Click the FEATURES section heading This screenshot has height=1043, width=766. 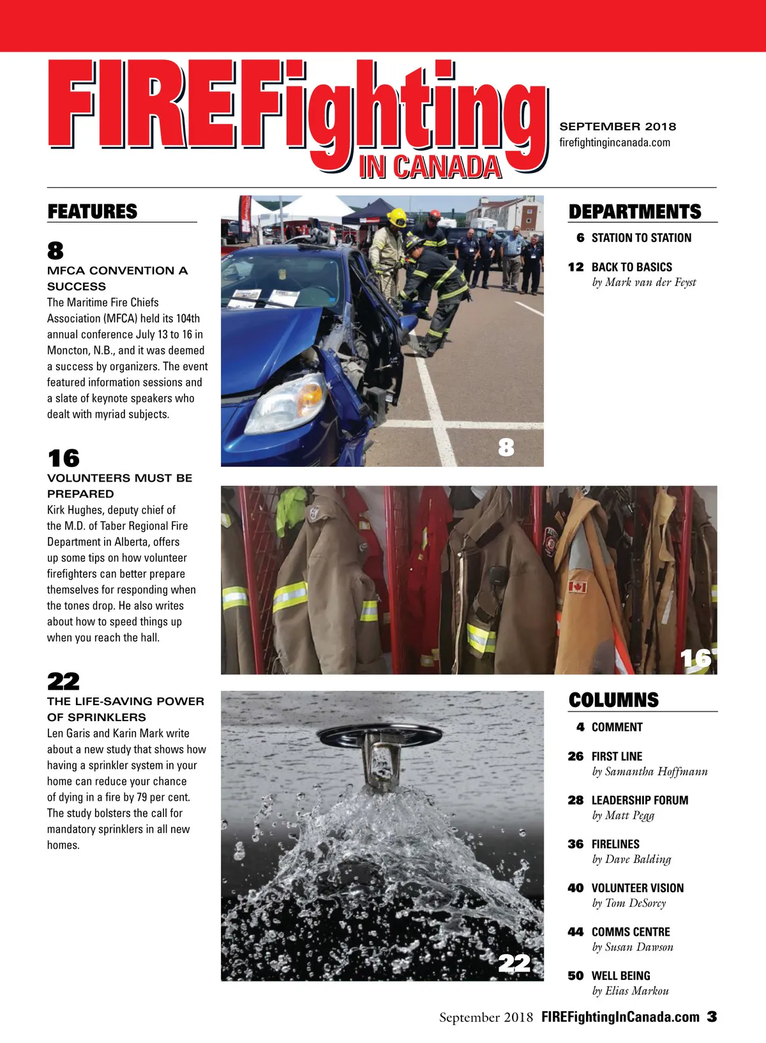tap(93, 211)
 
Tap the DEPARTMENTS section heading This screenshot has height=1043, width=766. tap(635, 211)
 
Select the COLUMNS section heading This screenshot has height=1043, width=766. tap(613, 700)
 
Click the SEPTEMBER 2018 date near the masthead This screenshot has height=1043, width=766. tap(617, 126)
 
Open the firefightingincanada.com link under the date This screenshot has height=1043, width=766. tap(615, 142)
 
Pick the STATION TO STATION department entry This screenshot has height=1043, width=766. tap(641, 238)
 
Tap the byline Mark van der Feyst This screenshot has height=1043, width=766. tap(643, 282)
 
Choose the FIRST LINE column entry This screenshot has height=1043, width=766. tap(617, 756)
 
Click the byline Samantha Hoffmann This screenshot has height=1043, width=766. tap(650, 772)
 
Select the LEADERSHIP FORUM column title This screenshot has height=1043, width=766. tap(640, 800)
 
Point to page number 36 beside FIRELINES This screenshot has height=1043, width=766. tap(576, 844)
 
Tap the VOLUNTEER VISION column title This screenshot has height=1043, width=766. tap(637, 888)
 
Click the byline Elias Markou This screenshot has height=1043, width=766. tap(630, 991)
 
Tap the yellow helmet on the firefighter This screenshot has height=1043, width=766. tap(397, 217)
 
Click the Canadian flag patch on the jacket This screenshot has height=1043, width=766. tap(577, 586)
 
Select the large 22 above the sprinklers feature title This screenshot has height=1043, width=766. tap(63, 681)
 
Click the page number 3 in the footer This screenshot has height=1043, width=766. tap(712, 1017)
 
